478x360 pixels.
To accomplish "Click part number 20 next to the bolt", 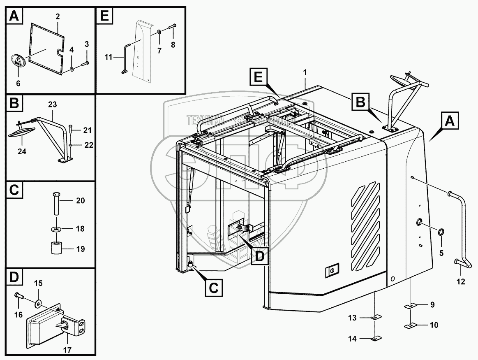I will click(x=80, y=201).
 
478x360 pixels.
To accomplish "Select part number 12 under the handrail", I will click(x=460, y=282).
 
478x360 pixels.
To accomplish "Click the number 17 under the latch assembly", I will click(x=67, y=350).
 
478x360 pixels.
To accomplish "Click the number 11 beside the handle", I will click(x=109, y=57).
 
